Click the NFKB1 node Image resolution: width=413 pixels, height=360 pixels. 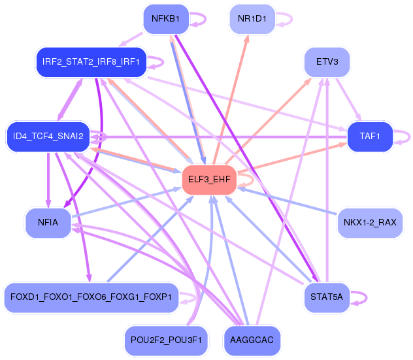(x=166, y=19)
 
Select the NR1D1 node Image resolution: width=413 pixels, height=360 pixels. (x=252, y=19)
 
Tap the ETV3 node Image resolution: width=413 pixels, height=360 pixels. (x=327, y=63)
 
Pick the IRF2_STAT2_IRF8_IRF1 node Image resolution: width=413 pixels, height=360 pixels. (x=91, y=63)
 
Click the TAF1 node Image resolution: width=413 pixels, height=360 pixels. (x=370, y=137)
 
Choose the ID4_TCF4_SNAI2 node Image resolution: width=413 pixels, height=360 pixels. (x=48, y=137)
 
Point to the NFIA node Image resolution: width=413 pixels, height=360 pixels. (x=48, y=223)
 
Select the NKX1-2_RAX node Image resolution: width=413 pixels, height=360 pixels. (x=370, y=223)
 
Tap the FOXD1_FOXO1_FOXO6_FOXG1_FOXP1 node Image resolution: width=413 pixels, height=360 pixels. (x=91, y=297)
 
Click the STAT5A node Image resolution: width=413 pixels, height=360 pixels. (x=327, y=297)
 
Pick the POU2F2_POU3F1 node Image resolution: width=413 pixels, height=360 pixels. (x=166, y=340)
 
